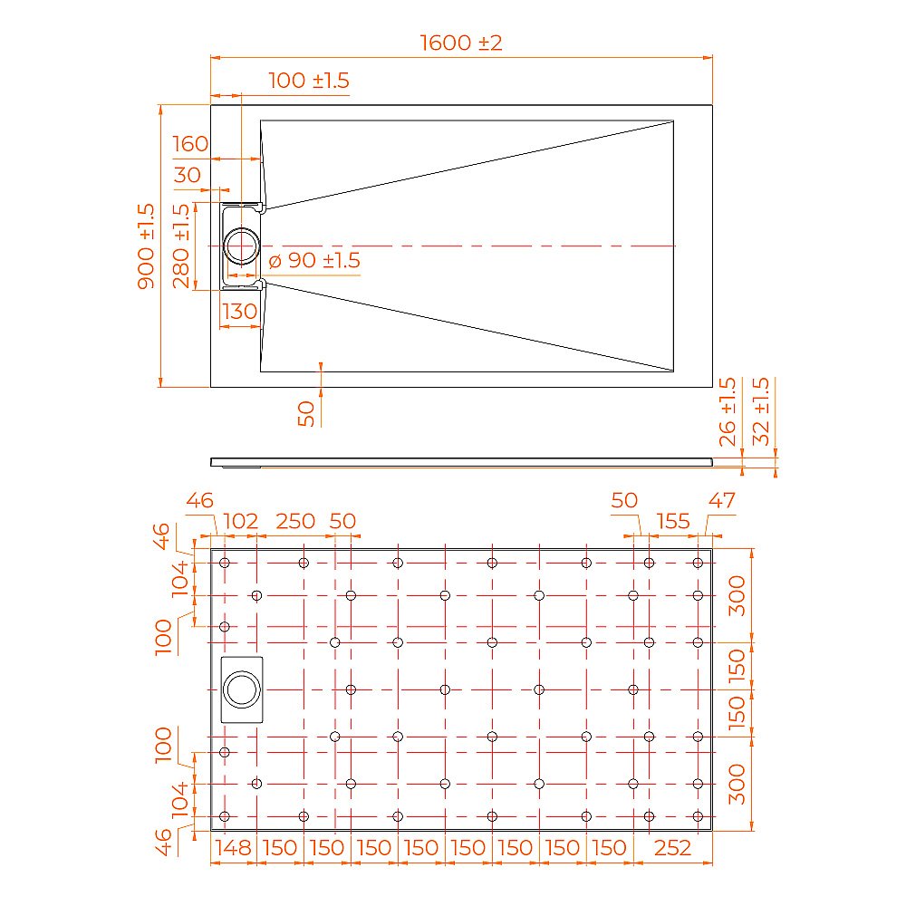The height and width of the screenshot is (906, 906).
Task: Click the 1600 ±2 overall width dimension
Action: coord(461,43)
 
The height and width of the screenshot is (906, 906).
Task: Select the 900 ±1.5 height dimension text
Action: coord(146,246)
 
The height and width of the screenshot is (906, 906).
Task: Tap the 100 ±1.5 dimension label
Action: coord(308,81)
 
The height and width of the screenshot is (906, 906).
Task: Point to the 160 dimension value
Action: coord(189,144)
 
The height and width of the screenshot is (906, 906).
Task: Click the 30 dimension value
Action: coord(187,175)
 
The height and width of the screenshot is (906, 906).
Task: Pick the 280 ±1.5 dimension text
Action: coord(181,246)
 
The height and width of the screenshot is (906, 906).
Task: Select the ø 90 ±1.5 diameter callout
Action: coord(314,261)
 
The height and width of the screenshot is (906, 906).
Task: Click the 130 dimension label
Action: coord(240,312)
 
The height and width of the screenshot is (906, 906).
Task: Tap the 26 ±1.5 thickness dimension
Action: coord(727,411)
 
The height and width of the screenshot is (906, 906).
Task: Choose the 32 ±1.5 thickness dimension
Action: coord(761,411)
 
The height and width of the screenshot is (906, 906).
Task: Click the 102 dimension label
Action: coord(240,521)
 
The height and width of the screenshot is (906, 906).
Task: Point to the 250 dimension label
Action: coord(295,521)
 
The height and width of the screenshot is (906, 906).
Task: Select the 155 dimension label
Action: coord(673,521)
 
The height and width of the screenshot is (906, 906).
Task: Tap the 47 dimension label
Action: coord(723,500)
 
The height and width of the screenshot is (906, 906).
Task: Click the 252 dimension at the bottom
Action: coord(672,848)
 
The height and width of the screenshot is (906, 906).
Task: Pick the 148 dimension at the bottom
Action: coord(233,848)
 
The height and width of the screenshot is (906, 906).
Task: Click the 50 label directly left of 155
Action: coord(624,500)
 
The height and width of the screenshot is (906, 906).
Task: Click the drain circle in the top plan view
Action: coord(242,246)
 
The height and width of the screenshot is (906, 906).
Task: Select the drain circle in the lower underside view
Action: coord(242,689)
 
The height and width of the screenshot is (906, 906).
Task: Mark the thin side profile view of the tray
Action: coord(462,462)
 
